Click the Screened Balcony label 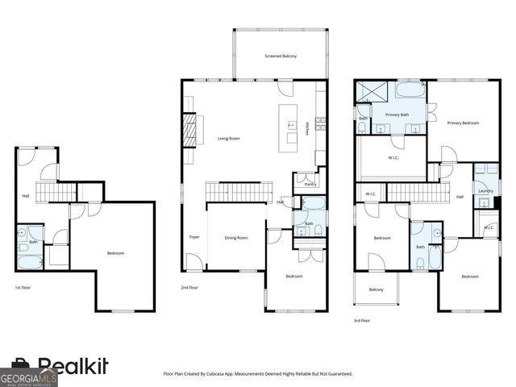click(281, 56)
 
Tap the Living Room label click(230, 139)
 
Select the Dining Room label click(236, 238)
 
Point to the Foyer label click(194, 237)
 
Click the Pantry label click(310, 185)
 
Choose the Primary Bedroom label click(464, 123)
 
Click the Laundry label click(485, 191)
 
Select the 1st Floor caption click(24, 287)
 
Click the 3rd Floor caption click(362, 320)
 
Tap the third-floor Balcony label click(376, 289)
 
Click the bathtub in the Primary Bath click(407, 89)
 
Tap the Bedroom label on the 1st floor click(116, 253)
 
